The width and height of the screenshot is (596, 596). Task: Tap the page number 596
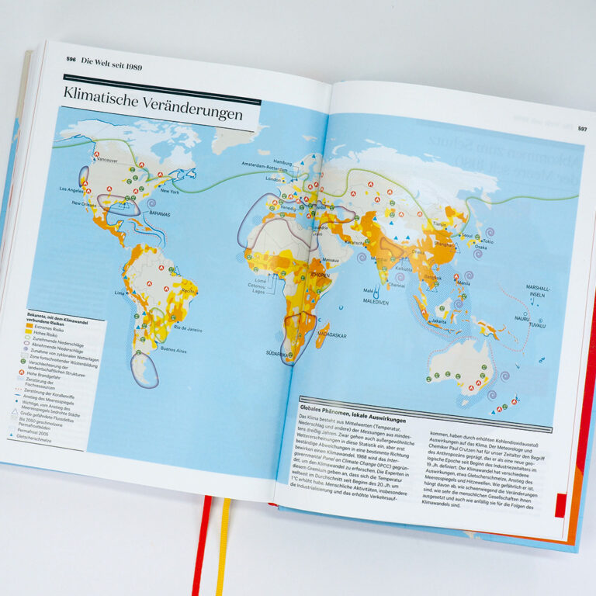tap(71, 60)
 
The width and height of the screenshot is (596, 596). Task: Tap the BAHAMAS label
tap(162, 213)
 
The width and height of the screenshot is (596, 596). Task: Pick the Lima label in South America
tap(120, 293)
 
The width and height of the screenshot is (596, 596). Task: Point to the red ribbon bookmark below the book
tap(203, 543)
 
